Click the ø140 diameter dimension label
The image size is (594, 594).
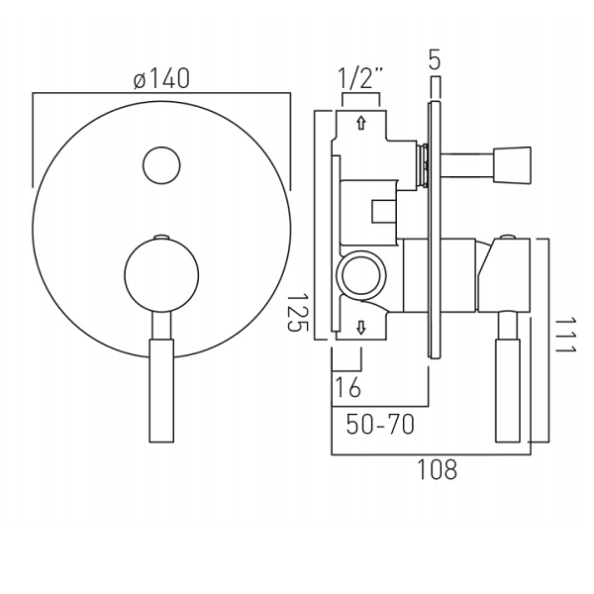click(161, 79)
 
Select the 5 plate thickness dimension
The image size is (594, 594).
click(436, 59)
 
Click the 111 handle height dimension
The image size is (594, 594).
click(565, 336)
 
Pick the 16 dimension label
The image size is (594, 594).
click(348, 387)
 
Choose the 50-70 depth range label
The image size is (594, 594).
click(380, 425)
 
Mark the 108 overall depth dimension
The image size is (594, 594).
click(437, 469)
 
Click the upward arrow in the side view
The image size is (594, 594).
click(361, 123)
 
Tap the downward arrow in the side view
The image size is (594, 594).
click(361, 328)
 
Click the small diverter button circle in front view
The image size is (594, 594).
click(161, 165)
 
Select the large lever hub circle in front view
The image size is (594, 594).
click(161, 274)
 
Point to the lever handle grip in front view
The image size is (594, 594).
click(161, 391)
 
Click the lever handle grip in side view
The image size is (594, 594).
click(508, 391)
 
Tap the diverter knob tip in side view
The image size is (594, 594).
click(512, 165)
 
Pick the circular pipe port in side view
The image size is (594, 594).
click(361, 274)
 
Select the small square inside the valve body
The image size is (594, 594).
click(383, 211)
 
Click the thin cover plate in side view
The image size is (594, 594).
click(435, 230)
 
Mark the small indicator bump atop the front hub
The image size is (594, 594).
click(161, 238)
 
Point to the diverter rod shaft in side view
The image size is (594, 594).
click(467, 165)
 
